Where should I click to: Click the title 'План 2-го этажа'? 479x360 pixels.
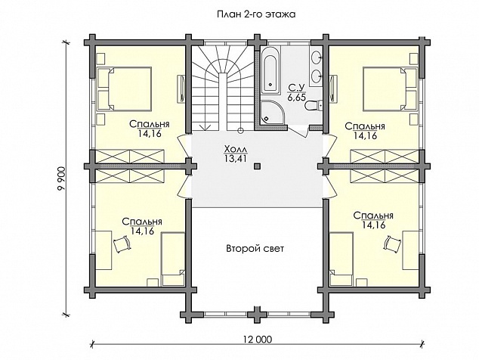pos(256,14)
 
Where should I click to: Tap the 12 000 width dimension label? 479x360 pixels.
pos(257,339)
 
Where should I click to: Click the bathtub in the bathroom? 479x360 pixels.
pos(270,71)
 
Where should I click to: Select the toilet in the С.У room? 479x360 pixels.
pos(314,106)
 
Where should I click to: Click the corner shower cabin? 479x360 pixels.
pos(272,113)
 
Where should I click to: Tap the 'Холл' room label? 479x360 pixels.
pos(236,149)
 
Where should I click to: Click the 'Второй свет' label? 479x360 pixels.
pos(255,248)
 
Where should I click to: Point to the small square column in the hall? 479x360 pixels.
pos(257,166)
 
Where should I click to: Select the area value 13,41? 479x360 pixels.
pos(236,158)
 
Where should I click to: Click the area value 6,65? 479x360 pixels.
pos(296,98)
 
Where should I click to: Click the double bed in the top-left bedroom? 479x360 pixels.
pos(124,88)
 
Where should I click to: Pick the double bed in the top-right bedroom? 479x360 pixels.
pos(390,88)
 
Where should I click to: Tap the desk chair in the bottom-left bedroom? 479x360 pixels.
pos(122,244)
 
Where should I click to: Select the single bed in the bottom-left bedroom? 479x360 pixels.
pos(173,259)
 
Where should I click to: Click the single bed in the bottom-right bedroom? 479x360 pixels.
pos(341,259)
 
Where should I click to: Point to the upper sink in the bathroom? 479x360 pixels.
pos(317,57)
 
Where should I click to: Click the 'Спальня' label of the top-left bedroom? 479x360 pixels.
pos(150,125)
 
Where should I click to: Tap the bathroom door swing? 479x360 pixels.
pos(297,133)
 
